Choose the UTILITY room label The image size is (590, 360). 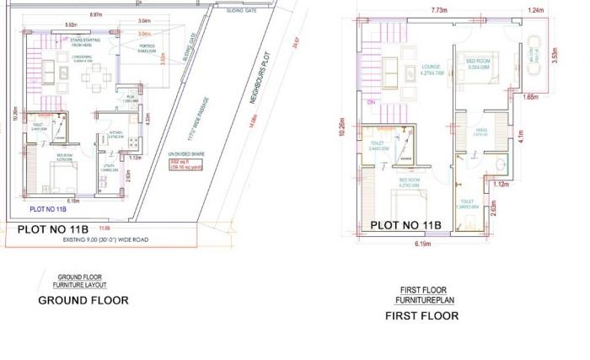tap(109, 166)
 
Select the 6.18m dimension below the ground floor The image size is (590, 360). tap(73, 201)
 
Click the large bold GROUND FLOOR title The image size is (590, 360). tap(83, 300)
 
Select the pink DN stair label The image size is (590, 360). tap(372, 101)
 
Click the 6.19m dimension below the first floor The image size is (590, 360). tap(421, 244)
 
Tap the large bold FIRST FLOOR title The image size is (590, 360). tap(421, 316)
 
